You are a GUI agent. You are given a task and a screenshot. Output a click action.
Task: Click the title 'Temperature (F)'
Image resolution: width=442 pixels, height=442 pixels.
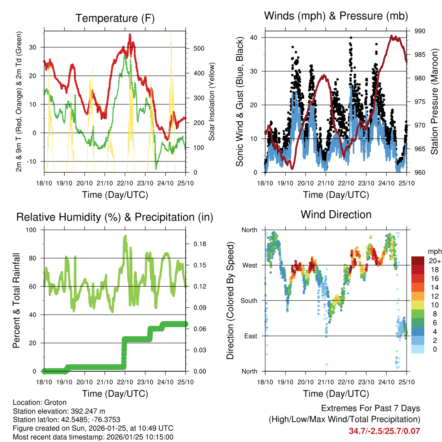click(x=115, y=18)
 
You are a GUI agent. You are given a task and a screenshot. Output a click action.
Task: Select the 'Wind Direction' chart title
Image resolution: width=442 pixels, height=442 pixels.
click(x=336, y=214)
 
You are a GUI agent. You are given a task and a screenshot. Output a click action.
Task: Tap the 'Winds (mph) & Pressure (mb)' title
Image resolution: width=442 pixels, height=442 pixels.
click(x=336, y=16)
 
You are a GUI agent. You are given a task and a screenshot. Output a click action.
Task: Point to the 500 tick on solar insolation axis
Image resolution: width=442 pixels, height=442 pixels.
click(x=199, y=48)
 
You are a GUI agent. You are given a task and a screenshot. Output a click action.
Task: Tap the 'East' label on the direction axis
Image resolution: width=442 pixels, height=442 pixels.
click(x=250, y=336)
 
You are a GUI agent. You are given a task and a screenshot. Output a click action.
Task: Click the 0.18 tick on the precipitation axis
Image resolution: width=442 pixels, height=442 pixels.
click(x=198, y=244)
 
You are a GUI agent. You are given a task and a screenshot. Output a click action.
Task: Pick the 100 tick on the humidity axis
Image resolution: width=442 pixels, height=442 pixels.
click(x=35, y=230)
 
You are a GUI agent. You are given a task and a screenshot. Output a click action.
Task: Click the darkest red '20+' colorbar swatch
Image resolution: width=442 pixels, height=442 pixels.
click(x=419, y=260)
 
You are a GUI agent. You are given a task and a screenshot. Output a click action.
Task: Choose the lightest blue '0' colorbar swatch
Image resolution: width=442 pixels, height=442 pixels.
click(x=419, y=349)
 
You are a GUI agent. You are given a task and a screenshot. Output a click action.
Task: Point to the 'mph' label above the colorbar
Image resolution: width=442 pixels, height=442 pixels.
click(x=434, y=251)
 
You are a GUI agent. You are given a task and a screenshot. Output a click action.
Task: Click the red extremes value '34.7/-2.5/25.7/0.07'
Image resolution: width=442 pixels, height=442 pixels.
click(x=384, y=431)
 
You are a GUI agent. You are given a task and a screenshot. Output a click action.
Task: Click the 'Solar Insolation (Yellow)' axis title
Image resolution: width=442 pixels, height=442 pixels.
click(x=212, y=102)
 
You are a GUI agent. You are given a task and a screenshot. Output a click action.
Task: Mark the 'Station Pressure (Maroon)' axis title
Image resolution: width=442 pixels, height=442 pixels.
click(x=434, y=102)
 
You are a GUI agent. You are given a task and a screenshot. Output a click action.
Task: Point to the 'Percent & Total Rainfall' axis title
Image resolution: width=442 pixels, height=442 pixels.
click(x=16, y=300)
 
